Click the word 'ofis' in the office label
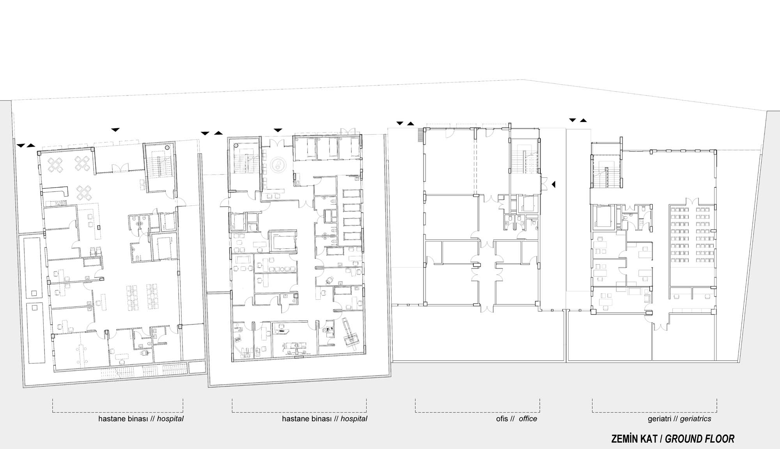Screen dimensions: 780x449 tap(502, 419)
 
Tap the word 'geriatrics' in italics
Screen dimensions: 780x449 tap(695, 419)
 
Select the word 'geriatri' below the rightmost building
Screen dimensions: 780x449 tap(659, 419)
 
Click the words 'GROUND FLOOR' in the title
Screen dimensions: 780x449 tap(700, 439)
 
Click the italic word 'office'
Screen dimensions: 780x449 tap(528, 419)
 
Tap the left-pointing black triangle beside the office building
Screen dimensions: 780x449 tap(553, 184)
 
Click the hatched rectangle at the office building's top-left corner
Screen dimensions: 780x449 tap(420, 135)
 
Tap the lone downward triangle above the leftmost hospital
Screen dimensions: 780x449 tap(115, 130)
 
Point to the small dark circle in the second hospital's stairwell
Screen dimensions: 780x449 tap(236, 145)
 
